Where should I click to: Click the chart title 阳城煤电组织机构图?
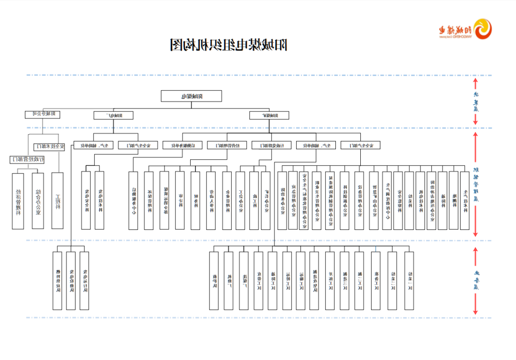[229, 45]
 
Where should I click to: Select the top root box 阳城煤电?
[192, 96]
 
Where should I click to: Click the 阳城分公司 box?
[43, 114]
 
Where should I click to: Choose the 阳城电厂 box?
[113, 115]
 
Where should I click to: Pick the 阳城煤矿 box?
[269, 115]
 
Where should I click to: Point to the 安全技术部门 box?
[48, 147]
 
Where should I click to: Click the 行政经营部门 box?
[27, 159]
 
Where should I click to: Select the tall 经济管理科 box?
[18, 201]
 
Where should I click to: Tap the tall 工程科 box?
[57, 201]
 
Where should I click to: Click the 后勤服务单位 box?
[180, 145]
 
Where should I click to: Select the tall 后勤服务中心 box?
[134, 201]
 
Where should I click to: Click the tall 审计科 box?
[180, 201]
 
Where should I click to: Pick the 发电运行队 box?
[85, 281]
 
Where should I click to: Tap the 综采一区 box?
[409, 281]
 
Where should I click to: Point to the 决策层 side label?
[475, 101]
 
